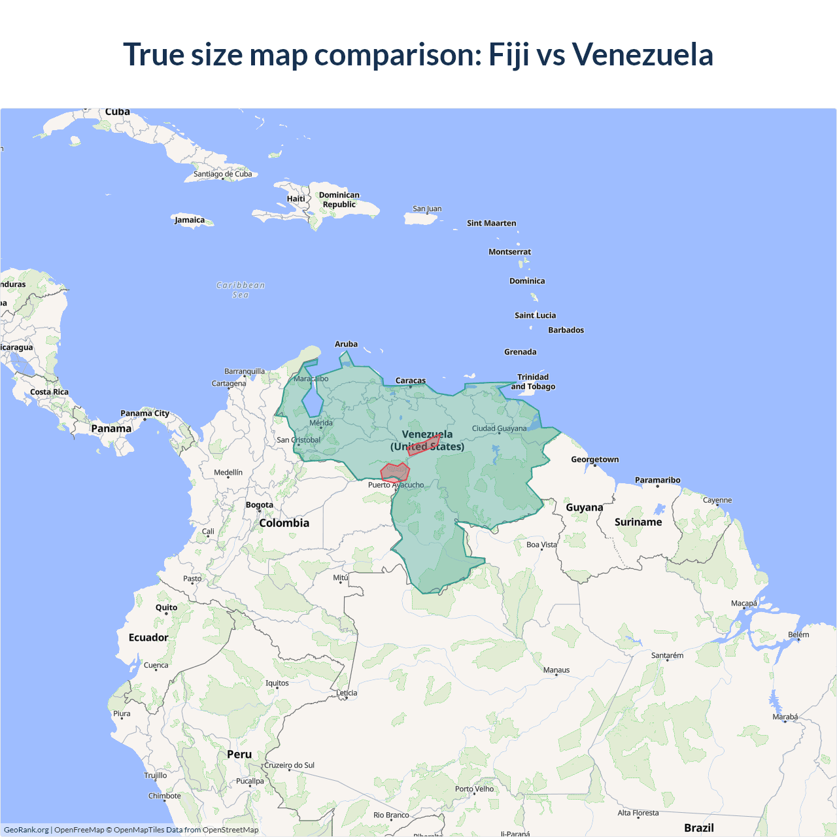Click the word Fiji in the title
[509, 55]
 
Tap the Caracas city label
[411, 381]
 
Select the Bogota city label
[260, 505]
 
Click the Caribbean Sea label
[241, 290]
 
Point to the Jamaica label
[190, 220]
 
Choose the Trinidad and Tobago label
[533, 382]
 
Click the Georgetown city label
[594, 460]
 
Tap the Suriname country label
[638, 522]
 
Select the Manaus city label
[556, 670]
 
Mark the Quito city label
[166, 607]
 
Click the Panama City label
[145, 413]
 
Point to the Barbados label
[566, 330]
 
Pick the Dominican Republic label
[339, 199]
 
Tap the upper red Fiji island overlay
[424, 446]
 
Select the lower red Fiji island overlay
[395, 471]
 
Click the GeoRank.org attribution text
[26, 830]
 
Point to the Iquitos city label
[277, 683]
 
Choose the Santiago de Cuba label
[222, 174]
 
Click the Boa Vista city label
[541, 545]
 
